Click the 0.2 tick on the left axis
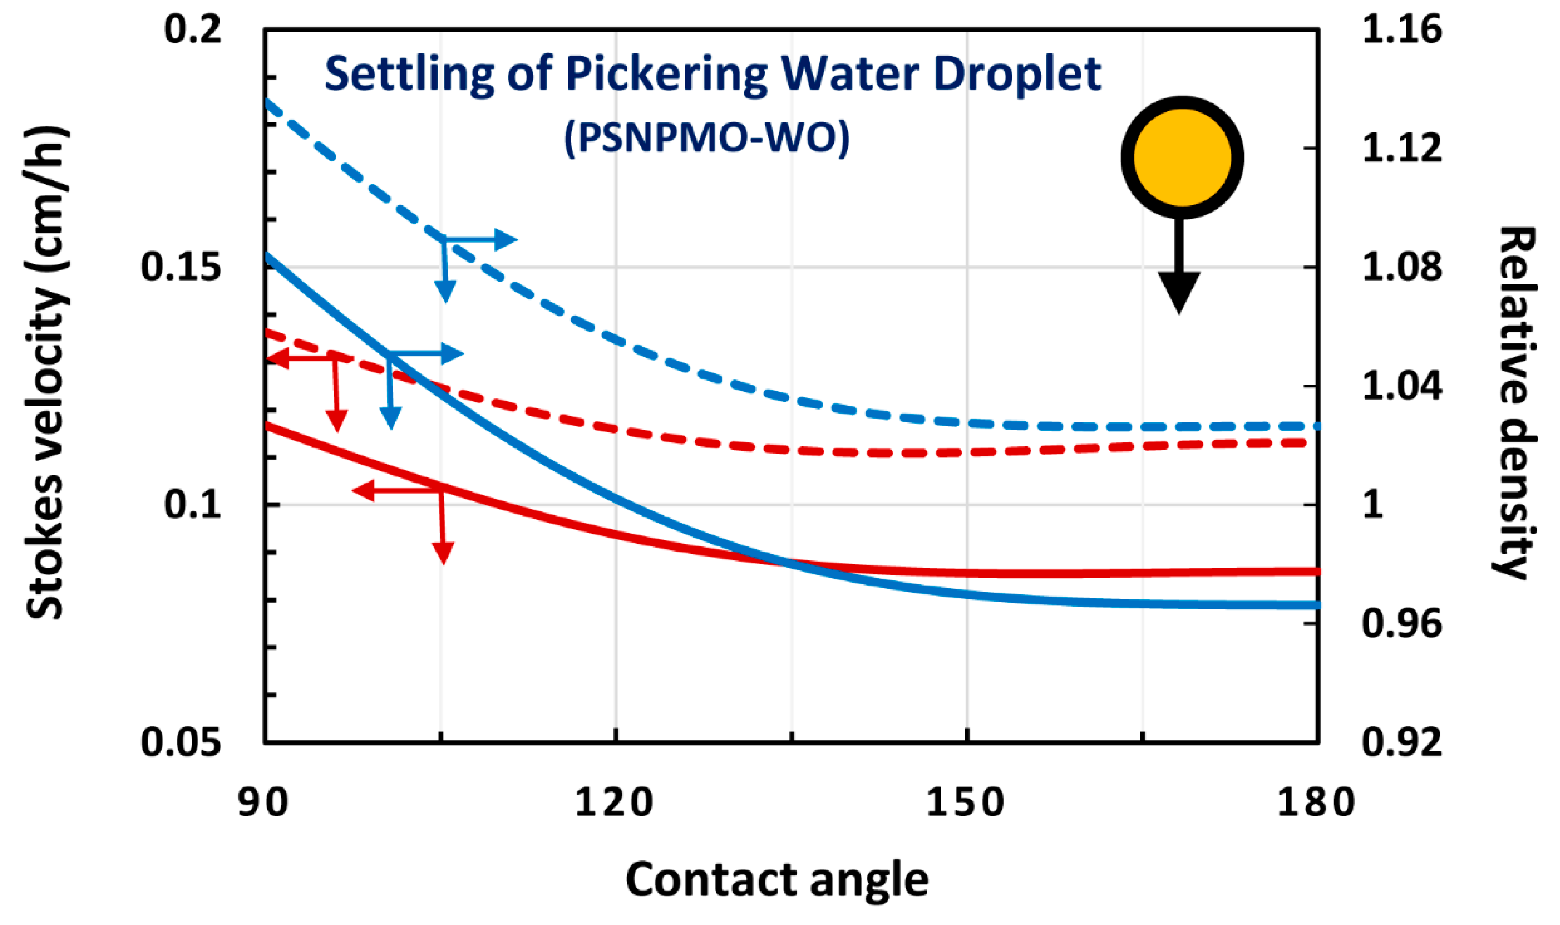tap(193, 29)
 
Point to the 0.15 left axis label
tap(181, 267)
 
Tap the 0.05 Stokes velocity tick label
tap(181, 742)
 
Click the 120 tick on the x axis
tap(614, 802)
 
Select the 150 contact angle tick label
tap(965, 802)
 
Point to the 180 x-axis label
tap(1316, 802)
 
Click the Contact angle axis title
tap(777, 879)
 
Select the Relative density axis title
tap(1515, 402)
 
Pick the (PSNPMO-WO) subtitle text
tap(706, 137)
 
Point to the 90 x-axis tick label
tap(263, 802)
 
